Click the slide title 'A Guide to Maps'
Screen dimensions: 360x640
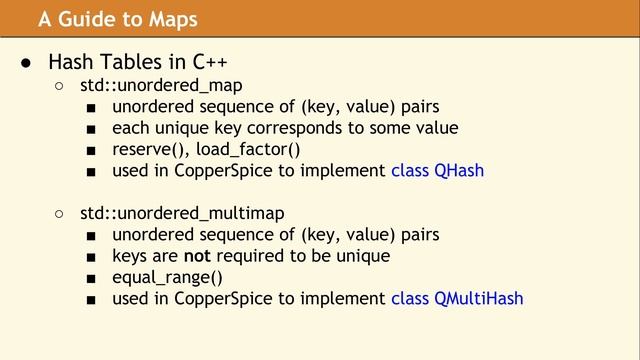pos(118,19)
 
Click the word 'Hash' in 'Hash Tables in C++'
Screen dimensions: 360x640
pos(70,63)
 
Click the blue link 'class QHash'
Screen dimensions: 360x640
pos(437,170)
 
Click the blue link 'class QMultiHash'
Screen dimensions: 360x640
pos(457,298)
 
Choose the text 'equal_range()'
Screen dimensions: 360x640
pos(167,277)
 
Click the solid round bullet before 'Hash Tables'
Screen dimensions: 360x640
pos(28,63)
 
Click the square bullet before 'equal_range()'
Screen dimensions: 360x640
pos(91,278)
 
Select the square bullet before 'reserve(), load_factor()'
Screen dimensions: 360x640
pos(91,150)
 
